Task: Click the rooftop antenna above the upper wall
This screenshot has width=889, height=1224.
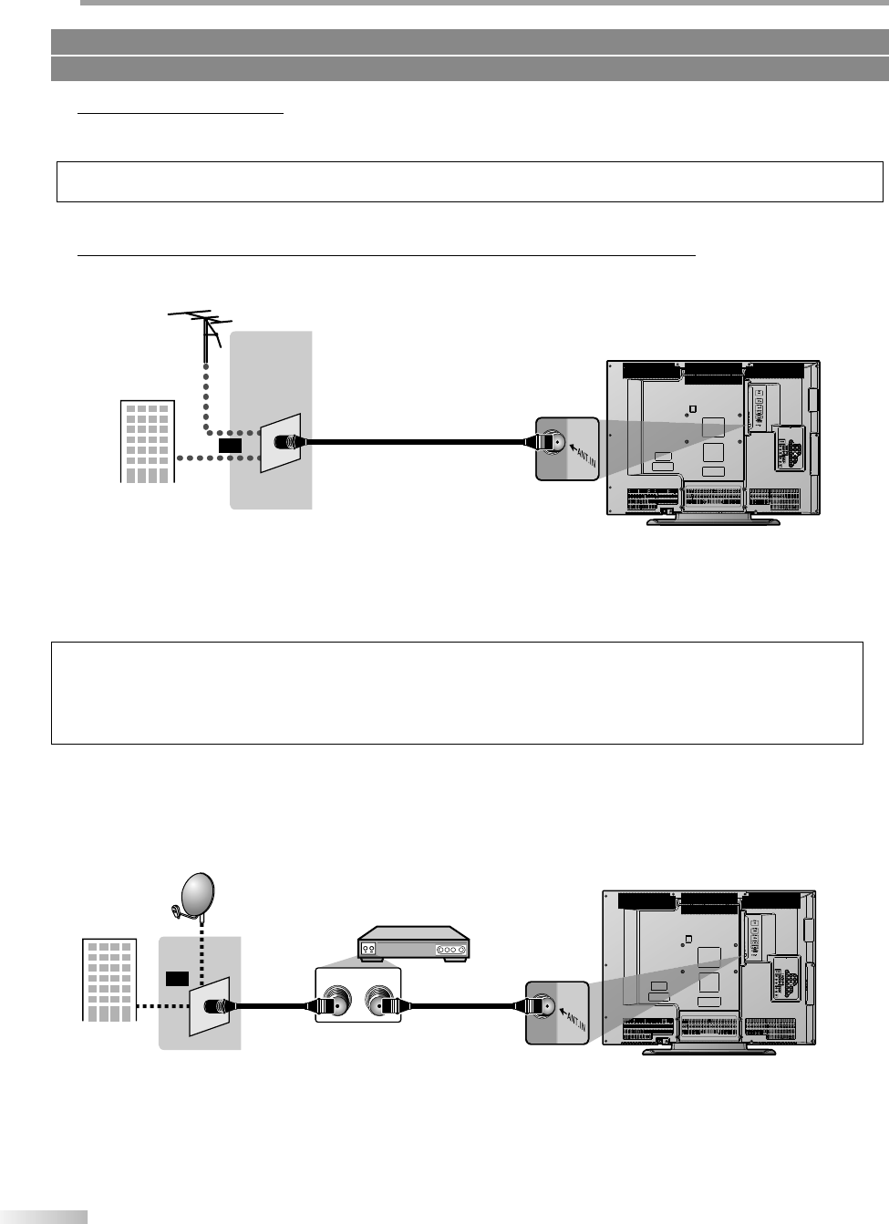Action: click(202, 323)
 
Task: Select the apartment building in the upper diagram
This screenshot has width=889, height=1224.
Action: click(148, 441)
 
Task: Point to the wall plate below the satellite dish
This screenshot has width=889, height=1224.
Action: click(209, 1006)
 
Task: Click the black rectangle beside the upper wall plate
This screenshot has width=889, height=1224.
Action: click(231, 445)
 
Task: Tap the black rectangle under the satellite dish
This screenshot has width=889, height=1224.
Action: click(176, 978)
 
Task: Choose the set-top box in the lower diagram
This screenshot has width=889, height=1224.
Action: click(413, 946)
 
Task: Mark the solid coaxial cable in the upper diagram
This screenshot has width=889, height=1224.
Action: click(415, 443)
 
